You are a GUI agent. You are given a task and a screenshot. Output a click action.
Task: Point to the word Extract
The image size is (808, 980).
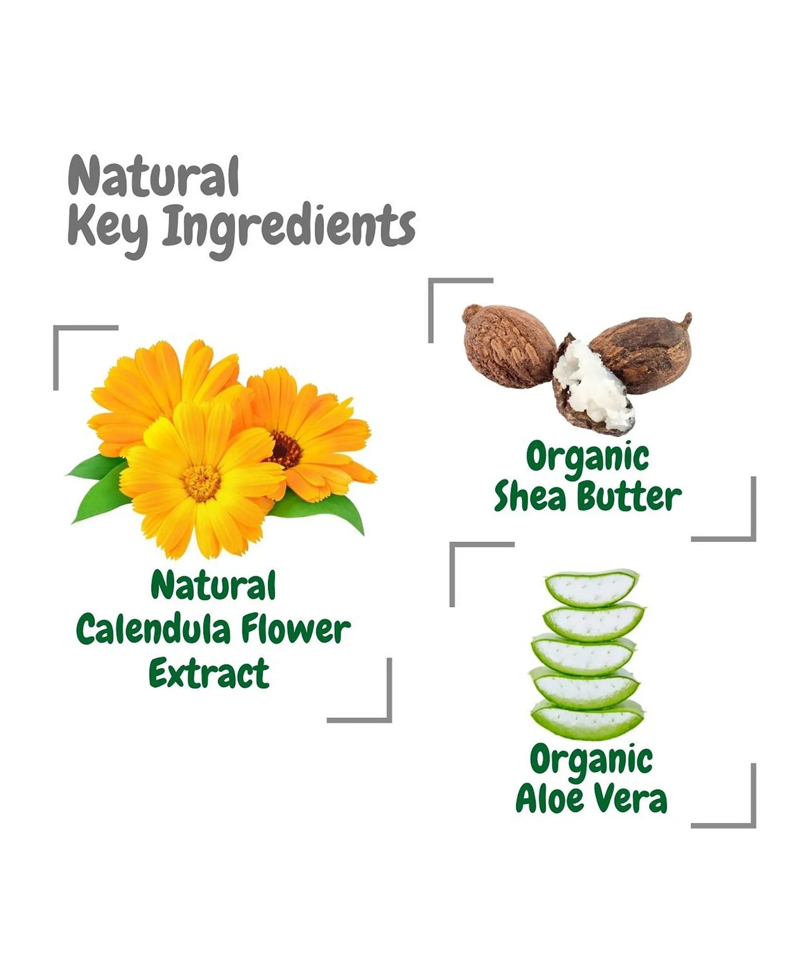(x=209, y=673)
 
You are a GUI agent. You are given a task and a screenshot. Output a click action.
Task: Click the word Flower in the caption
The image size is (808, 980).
(x=295, y=630)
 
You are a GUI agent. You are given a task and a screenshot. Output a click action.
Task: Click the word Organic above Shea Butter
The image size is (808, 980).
(x=587, y=457)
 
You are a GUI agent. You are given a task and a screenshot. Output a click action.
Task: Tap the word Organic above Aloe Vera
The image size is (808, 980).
(x=591, y=760)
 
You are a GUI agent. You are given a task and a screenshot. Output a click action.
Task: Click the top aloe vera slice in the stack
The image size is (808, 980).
(x=592, y=589)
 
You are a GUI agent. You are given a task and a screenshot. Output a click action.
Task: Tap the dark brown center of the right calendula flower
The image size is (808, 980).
(x=284, y=449)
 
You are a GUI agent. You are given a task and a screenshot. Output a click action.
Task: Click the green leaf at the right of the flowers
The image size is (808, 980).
(x=333, y=510)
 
